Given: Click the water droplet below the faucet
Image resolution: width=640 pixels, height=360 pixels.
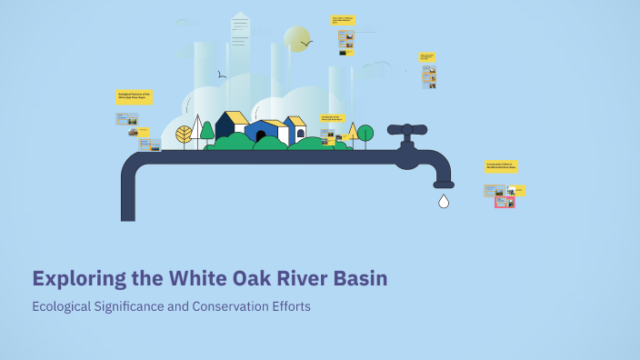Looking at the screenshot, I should point(444,201).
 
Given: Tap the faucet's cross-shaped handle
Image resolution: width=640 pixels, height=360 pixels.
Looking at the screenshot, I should point(407,130).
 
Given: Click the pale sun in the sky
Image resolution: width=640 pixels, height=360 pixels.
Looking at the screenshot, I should point(296,39).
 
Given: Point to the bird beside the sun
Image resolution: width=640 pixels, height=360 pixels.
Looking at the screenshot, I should point(307,42).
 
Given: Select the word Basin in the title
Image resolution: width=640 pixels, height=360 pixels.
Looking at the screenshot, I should point(361,279).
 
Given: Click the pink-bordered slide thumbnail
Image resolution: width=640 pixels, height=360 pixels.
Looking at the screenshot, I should point(505,203).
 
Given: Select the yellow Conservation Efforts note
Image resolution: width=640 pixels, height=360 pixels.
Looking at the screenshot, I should point(501,167).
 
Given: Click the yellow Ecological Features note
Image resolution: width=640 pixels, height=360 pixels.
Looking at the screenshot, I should point(134,96).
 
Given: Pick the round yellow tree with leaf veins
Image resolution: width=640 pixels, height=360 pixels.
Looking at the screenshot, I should point(184,135).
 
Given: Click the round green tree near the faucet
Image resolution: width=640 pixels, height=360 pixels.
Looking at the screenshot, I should point(365,134).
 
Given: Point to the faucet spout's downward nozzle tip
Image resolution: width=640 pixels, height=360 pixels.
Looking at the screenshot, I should point(444,185).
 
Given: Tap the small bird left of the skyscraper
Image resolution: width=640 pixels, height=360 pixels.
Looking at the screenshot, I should point(222,75).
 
